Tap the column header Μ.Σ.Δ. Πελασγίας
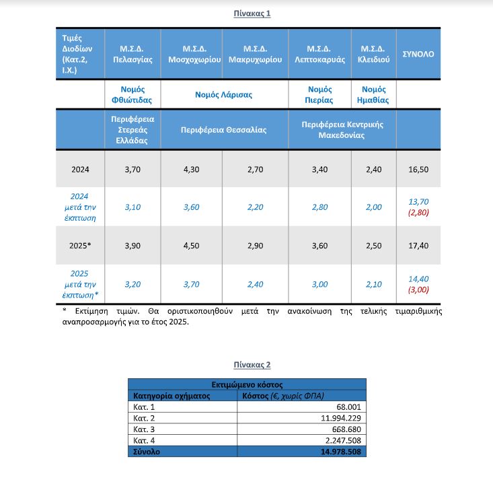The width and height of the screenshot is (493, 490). coord(132,54)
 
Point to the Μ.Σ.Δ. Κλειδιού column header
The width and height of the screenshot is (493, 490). coord(373,54)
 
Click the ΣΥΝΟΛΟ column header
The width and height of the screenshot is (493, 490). coord(418,54)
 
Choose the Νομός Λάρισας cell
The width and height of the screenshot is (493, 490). coord(223,95)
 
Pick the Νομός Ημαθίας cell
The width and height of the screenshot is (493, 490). coord(373,95)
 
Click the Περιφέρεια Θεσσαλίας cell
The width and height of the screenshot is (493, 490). coord(223,130)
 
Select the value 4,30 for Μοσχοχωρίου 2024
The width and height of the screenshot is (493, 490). coord(191,169)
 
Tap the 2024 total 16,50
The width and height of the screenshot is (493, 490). coord(418,169)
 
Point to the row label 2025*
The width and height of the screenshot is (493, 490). coord(80,246)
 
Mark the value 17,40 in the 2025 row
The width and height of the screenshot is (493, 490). coord(418,246)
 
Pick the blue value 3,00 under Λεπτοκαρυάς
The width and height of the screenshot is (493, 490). coord(319,284)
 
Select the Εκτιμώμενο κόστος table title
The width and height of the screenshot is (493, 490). coord(248,384)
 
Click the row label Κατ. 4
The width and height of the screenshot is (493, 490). coord(145,441)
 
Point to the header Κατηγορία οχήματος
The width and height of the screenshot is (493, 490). coord(172,396)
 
